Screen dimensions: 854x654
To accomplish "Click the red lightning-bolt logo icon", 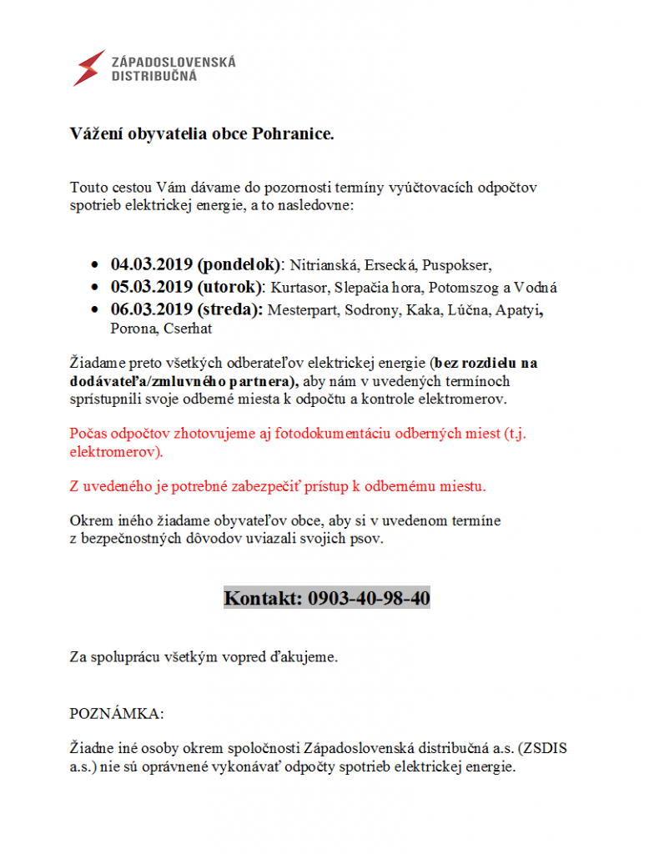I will coord(89,68).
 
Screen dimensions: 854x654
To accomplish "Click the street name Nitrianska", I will coord(324,266).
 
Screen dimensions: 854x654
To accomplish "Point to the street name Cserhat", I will coord(187,329).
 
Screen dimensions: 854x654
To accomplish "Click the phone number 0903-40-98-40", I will coord(369,598).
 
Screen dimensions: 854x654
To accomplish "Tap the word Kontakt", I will coord(263,598).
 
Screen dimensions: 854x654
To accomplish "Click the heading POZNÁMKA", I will coord(116,714).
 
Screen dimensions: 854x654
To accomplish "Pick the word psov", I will coord(369,539).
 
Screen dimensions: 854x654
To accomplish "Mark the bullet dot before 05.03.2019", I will coord(94,288).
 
